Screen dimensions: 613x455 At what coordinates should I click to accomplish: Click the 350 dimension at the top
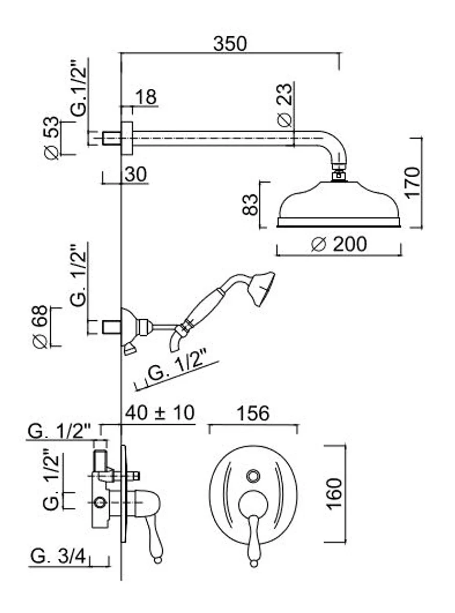click(x=230, y=44)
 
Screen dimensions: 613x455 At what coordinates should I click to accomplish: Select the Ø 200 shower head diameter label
click(x=339, y=244)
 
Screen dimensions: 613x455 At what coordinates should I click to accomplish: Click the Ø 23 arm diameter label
click(x=285, y=105)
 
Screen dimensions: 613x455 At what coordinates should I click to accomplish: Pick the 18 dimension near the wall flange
click(x=146, y=97)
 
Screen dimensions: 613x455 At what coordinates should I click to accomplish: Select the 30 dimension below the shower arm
click(x=135, y=174)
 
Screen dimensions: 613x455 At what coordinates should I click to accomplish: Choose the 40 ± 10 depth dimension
click(x=160, y=413)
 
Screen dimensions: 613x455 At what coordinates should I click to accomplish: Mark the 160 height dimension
click(x=334, y=493)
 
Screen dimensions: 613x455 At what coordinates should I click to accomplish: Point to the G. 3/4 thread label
click(x=57, y=555)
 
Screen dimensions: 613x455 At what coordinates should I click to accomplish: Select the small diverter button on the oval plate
click(x=252, y=476)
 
